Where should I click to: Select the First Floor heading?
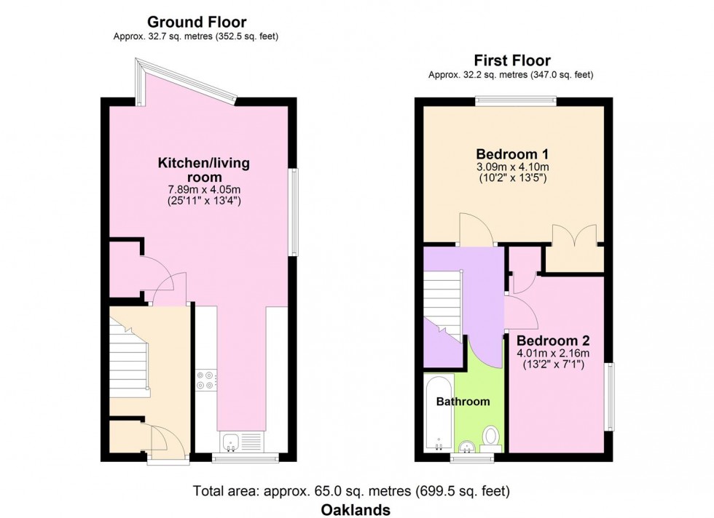[511, 60]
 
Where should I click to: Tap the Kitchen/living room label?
[203, 170]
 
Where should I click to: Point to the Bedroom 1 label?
[511, 154]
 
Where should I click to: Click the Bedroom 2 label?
[553, 340]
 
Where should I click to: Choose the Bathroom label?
[463, 401]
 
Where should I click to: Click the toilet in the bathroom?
[490, 437]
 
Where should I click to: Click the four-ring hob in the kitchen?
[205, 380]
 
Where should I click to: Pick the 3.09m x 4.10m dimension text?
[511, 167]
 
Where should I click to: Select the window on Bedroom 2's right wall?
[609, 397]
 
